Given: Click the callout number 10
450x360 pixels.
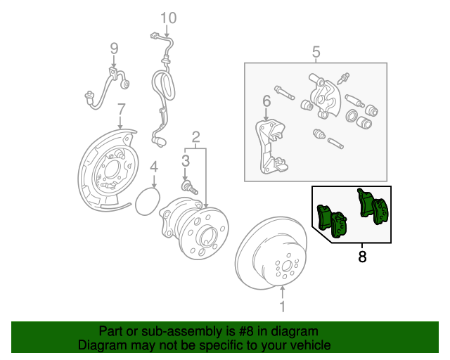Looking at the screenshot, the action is (169, 18).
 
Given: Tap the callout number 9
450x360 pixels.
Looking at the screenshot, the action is (114, 49).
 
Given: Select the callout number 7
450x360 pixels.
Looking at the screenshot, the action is (122, 110).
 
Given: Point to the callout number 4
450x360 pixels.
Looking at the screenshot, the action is (154, 167).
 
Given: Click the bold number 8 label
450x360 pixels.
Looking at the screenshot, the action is (362, 257).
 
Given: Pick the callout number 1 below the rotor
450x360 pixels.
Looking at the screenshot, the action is (283, 307).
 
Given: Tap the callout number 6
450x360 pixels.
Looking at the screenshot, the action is (266, 101).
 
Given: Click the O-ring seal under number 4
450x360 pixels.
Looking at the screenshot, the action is (147, 201).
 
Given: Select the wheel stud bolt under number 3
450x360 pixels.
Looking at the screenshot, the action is (189, 186).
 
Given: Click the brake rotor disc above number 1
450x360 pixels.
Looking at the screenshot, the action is (271, 253).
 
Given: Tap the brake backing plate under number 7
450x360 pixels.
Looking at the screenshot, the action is (108, 170).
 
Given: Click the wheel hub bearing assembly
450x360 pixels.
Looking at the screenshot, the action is (194, 228).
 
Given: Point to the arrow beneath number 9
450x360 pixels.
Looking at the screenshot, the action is (114, 63).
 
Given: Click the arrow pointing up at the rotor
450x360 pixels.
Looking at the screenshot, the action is (283, 292).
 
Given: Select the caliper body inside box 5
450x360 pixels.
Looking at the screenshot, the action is (324, 96).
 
